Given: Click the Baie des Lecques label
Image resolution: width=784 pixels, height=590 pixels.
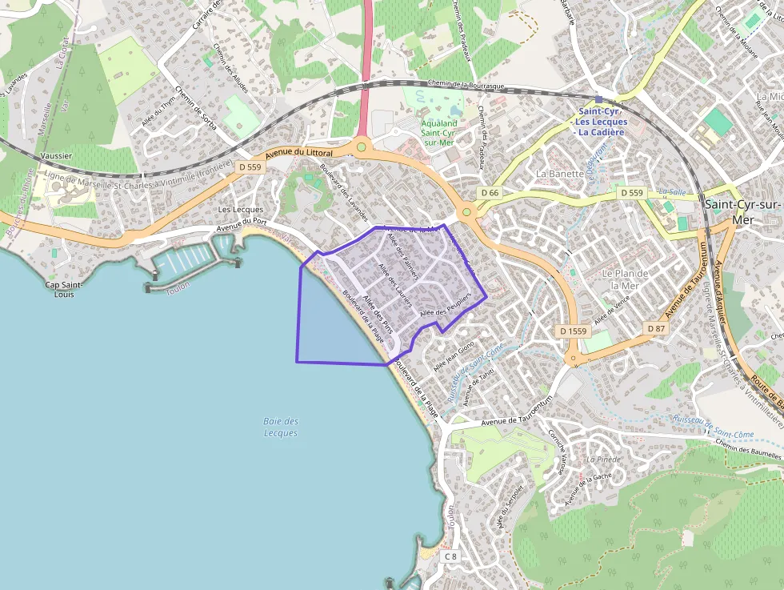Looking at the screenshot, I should point(280,427).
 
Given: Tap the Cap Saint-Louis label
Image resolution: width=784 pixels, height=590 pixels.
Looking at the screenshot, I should point(59,289).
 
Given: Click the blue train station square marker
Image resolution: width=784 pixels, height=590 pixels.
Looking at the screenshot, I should point(598,99).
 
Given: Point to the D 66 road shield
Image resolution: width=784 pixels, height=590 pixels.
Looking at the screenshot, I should point(490,193).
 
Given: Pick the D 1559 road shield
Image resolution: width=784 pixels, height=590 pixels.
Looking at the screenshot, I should point(573,331).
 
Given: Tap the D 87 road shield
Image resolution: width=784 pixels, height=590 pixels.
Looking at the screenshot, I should point(656,328).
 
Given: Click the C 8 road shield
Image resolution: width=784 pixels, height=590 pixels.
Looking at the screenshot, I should point(451,556).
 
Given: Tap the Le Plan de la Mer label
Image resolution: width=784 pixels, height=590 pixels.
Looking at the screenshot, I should point(625,279).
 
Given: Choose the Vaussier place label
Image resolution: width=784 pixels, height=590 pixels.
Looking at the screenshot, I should point(55,155).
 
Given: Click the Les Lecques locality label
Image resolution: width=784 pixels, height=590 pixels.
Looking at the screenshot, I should point(241,209).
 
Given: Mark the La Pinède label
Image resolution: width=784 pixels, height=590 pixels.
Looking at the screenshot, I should point(604,460).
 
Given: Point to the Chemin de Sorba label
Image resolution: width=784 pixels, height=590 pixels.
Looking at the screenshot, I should point(195,107).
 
